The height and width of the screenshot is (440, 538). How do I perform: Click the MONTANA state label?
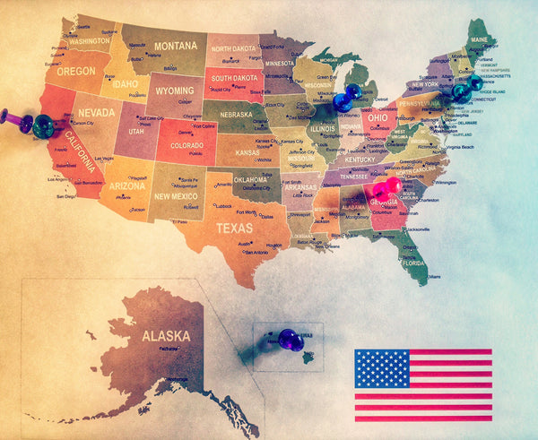[175, 46]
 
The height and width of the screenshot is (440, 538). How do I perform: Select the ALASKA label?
[165, 337]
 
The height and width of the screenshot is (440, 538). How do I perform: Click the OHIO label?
[377, 117]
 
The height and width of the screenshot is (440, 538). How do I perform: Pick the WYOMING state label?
[174, 91]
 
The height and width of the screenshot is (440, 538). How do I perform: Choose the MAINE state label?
[480, 40]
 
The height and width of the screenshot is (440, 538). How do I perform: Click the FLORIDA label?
[413, 263]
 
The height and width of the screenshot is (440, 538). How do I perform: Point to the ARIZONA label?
[126, 186]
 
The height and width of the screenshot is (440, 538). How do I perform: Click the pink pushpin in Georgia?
[386, 188]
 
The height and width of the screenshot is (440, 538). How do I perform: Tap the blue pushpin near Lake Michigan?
[345, 96]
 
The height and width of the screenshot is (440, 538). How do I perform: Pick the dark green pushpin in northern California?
[42, 125]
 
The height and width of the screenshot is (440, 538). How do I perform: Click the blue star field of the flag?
[382, 368]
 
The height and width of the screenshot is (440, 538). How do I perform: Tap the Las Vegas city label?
[104, 159]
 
